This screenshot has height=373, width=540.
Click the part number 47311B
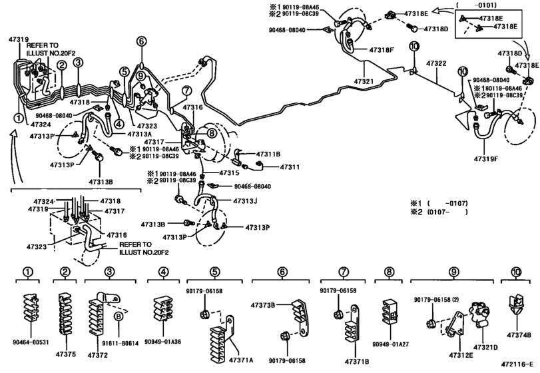(x=266, y=153)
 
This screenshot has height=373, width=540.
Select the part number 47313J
(x=246, y=200)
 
